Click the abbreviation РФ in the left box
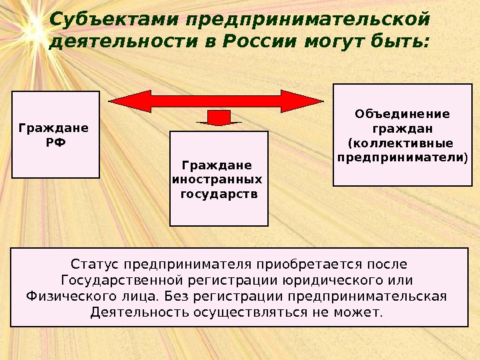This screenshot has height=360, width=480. pos(55,142)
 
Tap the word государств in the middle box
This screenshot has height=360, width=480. pos(219,195)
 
